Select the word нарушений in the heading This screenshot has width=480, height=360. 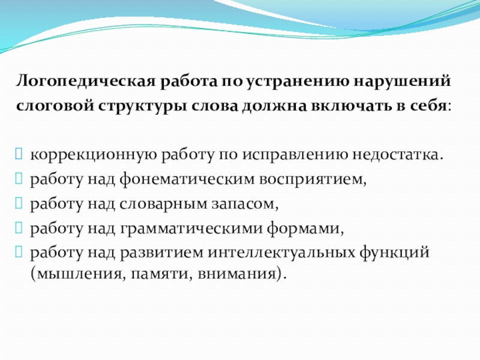tap(398, 80)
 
